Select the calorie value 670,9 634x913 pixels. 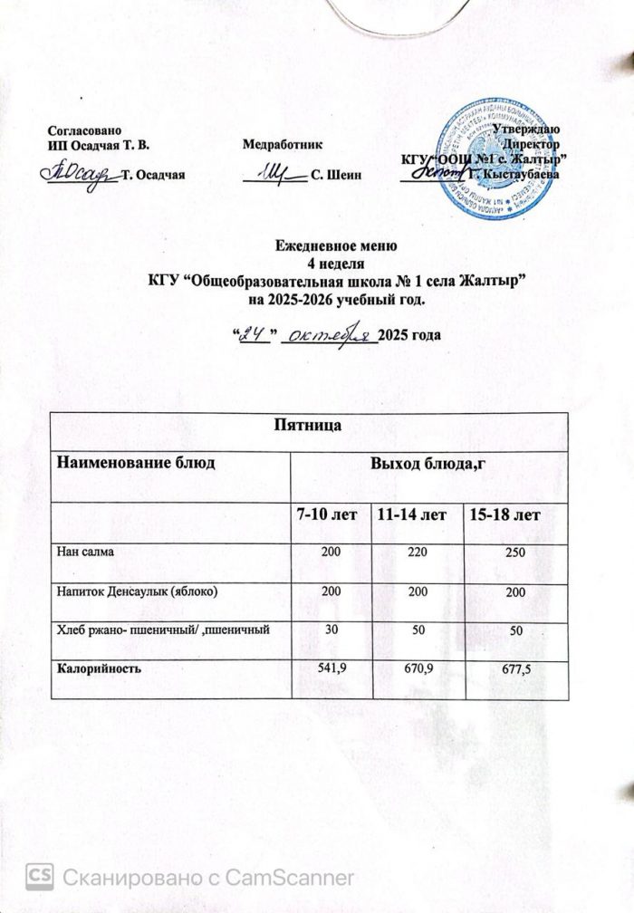pos(418,669)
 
